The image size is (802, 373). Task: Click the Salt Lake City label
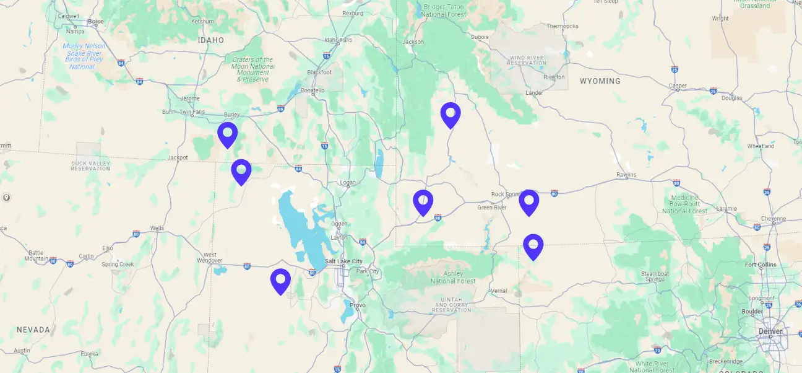(x=344, y=261)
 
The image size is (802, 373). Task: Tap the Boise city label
(x=96, y=21)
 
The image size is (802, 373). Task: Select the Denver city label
(x=770, y=331)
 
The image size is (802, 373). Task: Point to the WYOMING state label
(x=600, y=81)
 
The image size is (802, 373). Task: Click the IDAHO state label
(x=210, y=40)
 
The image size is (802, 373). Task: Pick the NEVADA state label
(x=33, y=330)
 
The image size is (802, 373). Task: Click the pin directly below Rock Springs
(x=528, y=202)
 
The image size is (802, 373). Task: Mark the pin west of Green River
(x=423, y=202)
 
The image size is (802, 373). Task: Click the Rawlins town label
(x=626, y=175)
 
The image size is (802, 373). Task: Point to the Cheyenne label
(x=774, y=219)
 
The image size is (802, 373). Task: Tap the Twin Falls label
(x=192, y=112)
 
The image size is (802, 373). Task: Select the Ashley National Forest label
(x=454, y=277)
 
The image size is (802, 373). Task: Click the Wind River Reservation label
(x=526, y=60)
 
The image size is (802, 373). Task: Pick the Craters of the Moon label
(x=252, y=69)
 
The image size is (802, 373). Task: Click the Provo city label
(x=358, y=305)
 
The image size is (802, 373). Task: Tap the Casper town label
(x=678, y=86)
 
